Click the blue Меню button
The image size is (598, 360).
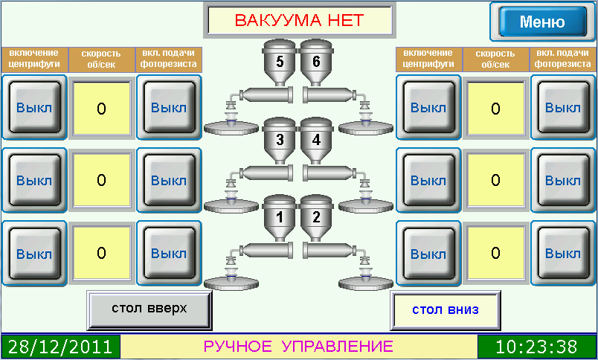pos(542,22)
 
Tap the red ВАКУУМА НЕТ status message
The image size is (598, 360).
pos(299,20)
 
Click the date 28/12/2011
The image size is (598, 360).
pos(60,347)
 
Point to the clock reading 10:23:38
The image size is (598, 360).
pos(536,347)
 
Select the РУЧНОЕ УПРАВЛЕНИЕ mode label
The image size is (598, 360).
pos(298,347)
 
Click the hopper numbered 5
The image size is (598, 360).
pos(280,61)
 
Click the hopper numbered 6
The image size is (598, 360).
pos(316,61)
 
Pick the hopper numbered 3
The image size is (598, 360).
pos(280,139)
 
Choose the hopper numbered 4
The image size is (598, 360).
pos(316,139)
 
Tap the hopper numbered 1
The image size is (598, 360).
pos(280,217)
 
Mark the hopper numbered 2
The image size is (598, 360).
pos(316,217)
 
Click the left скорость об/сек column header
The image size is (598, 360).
pos(101,59)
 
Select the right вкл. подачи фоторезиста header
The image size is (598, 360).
pos(563,59)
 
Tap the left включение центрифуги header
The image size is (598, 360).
pos(33,59)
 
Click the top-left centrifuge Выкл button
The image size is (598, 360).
pos(33,108)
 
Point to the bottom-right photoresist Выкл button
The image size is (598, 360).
pos(563,254)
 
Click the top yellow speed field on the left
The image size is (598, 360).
pos(101,109)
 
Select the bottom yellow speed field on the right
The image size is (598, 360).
pos(495,254)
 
